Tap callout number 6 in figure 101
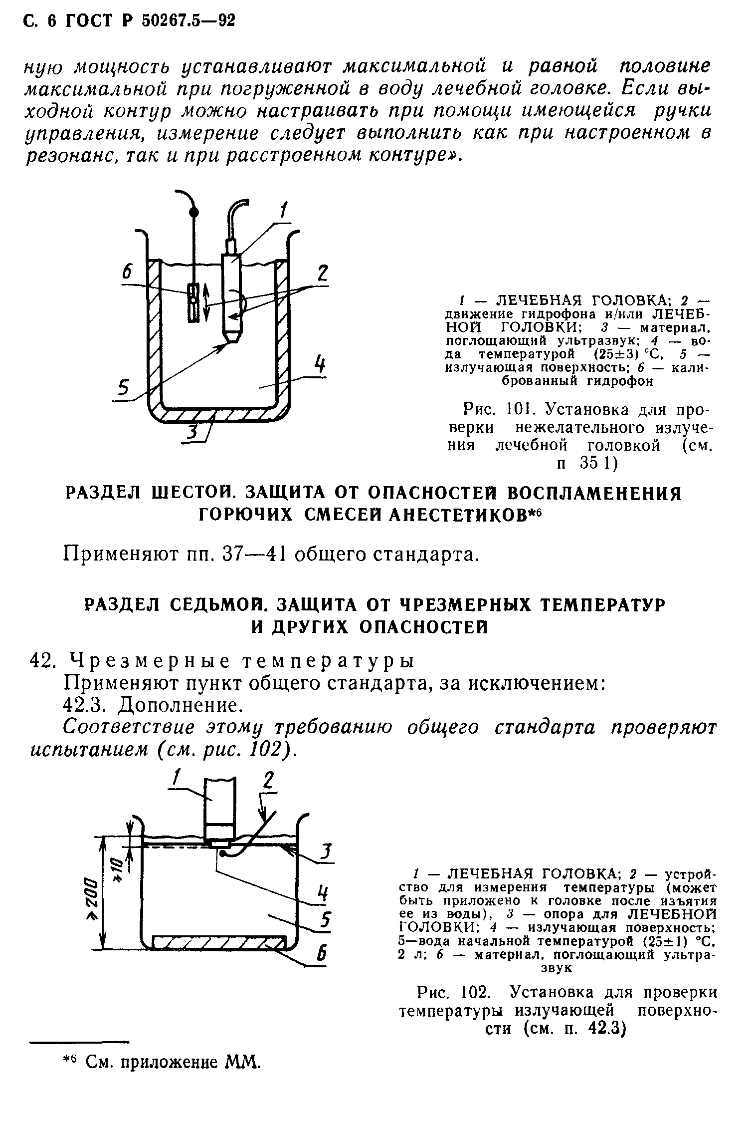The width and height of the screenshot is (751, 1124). tap(128, 273)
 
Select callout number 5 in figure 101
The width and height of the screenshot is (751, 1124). tap(123, 387)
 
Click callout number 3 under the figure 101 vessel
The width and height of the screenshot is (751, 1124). tap(192, 434)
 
